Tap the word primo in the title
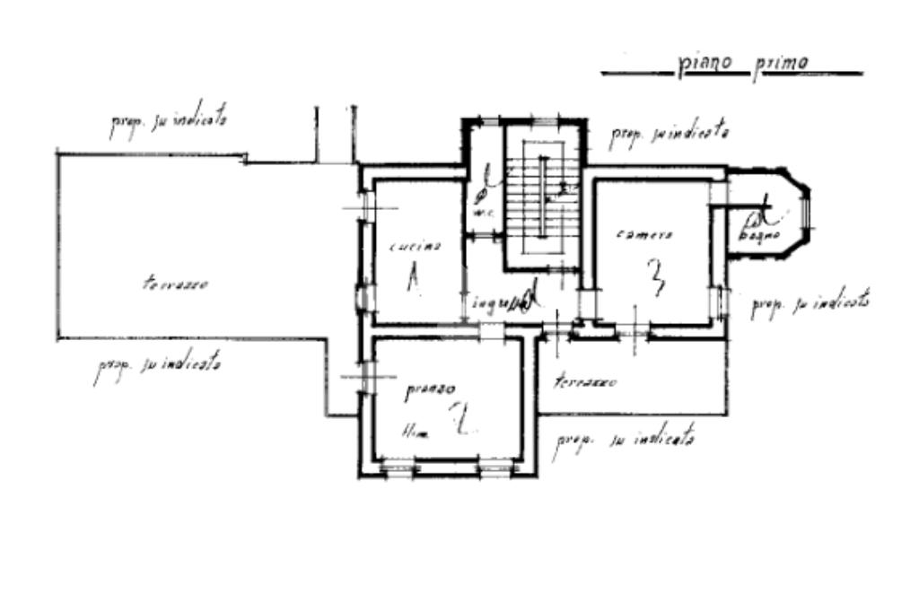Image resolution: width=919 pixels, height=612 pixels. click(780, 64)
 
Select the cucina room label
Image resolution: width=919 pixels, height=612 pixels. click(414, 245)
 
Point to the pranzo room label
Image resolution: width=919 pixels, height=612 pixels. click(430, 390)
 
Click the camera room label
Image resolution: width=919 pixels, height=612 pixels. click(645, 234)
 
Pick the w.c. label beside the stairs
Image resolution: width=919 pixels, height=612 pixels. click(483, 213)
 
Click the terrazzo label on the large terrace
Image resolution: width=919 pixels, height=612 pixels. click(176, 284)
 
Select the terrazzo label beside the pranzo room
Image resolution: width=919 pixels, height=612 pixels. click(585, 380)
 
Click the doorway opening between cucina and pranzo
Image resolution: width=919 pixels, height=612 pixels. click(492, 331)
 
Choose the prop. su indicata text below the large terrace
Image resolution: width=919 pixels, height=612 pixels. click(157, 367)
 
